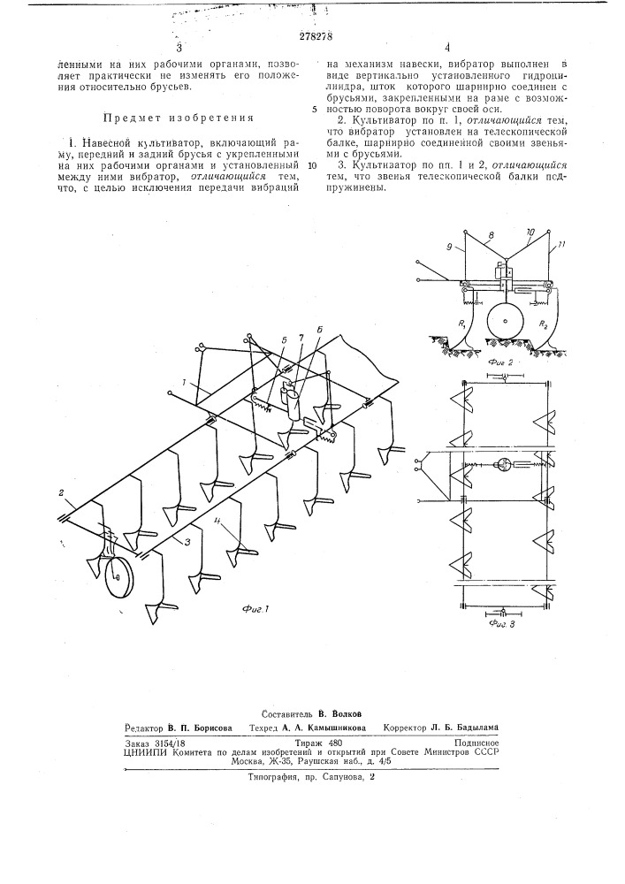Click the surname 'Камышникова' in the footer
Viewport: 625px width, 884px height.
332,729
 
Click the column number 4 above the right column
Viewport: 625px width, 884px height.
447,50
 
